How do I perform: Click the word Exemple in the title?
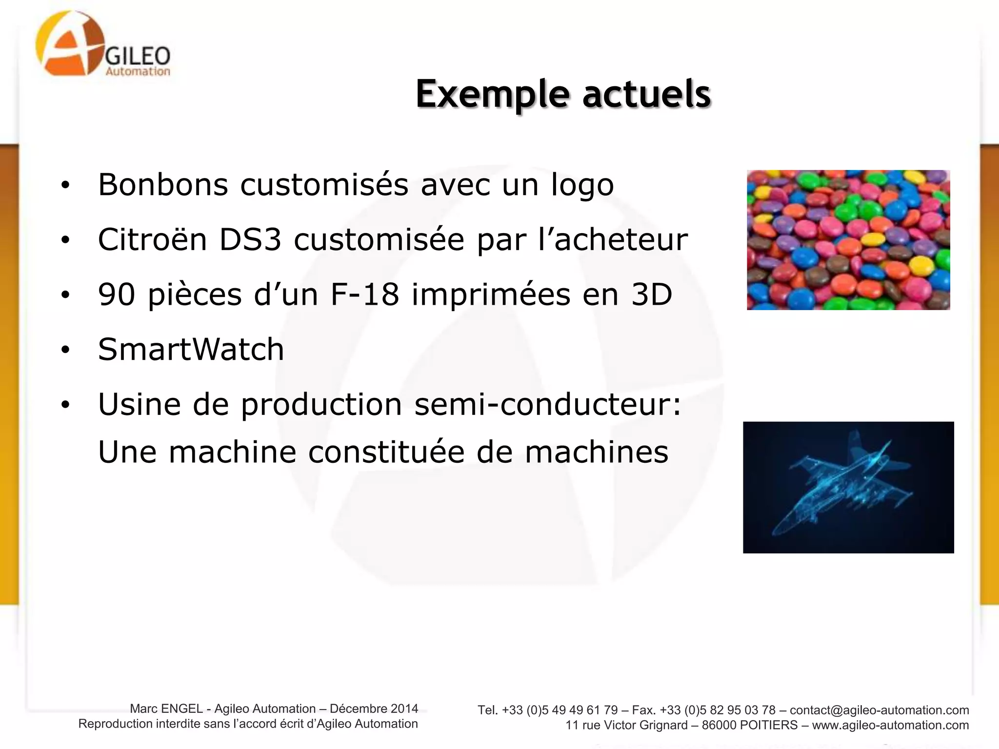pyautogui.click(x=492, y=94)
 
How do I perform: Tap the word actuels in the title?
pyautogui.click(x=646, y=94)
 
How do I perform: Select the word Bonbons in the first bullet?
pyautogui.click(x=163, y=185)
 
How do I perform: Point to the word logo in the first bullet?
pyautogui.click(x=582, y=185)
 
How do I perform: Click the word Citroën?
pyautogui.click(x=152, y=239)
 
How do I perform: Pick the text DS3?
pyautogui.click(x=250, y=239)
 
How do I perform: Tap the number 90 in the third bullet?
pyautogui.click(x=116, y=295)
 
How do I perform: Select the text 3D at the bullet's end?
pyautogui.click(x=652, y=295)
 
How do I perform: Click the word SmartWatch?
pyautogui.click(x=191, y=349)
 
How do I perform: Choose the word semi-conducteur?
pyautogui.click(x=547, y=404)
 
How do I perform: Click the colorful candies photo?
pyautogui.click(x=848, y=240)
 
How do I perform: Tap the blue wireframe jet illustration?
pyautogui.click(x=848, y=487)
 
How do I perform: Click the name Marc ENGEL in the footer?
pyautogui.click(x=166, y=709)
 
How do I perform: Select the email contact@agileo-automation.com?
pyautogui.click(x=879, y=710)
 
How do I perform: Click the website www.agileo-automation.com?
pyautogui.click(x=890, y=725)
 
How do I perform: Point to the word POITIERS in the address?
pyautogui.click(x=769, y=725)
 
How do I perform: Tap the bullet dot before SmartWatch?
pyautogui.click(x=65, y=350)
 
